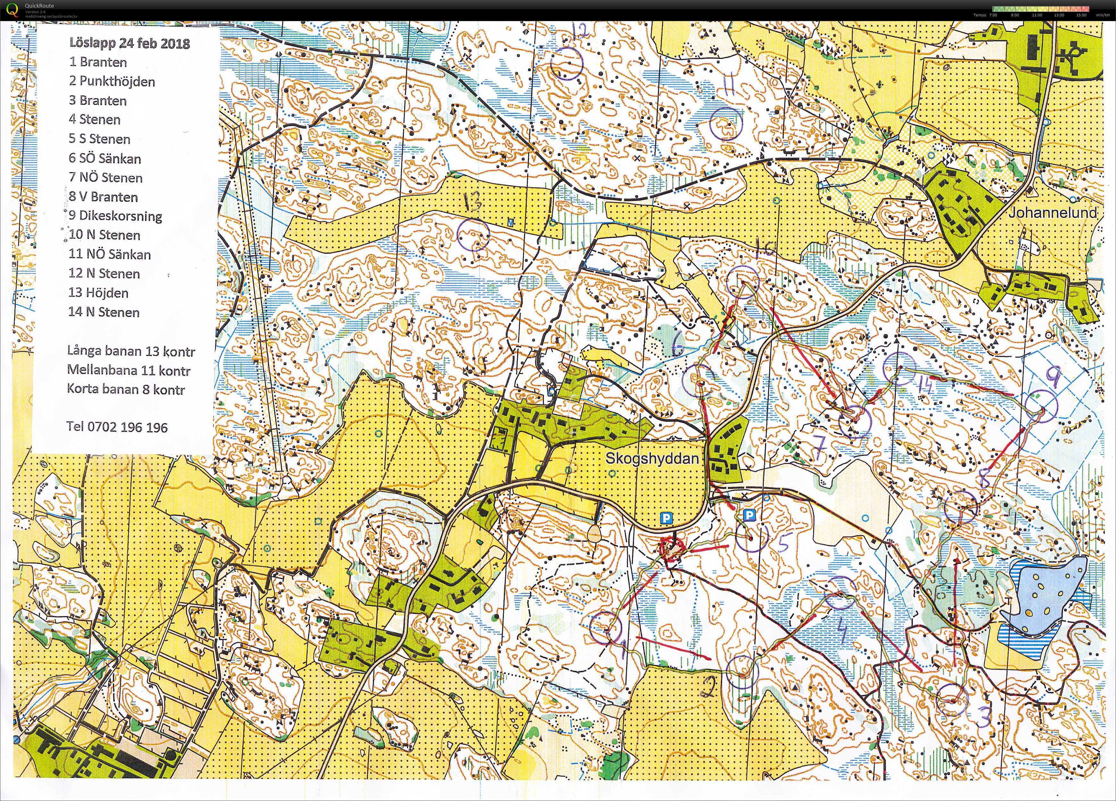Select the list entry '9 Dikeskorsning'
tap(116, 215)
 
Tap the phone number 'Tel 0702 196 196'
tap(117, 427)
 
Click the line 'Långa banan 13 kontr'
tap(131, 351)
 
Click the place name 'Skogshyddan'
tap(652, 459)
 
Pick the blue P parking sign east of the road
tap(748, 515)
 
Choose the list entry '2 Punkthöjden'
tap(112, 81)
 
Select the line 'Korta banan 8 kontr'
tap(126, 390)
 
